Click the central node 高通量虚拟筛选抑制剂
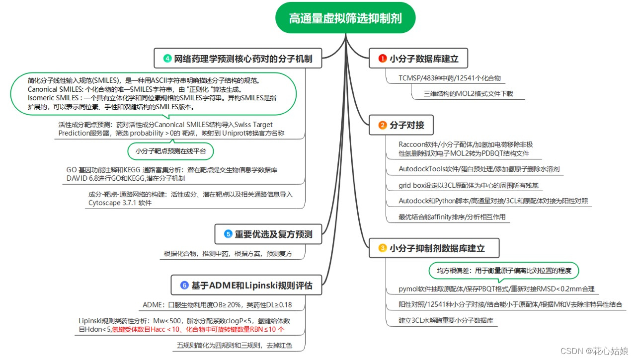point(345,18)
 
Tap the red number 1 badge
point(382,59)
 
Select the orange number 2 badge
point(382,125)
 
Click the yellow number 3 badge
point(382,248)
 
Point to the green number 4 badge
point(167,59)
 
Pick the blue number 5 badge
point(228,234)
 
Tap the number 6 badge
point(184,285)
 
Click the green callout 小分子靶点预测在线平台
point(170,150)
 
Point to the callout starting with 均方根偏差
point(504,271)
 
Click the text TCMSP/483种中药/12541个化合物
point(450,78)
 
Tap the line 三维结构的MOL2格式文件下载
point(468,93)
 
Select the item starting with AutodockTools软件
point(473,169)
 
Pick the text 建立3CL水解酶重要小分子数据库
point(446,320)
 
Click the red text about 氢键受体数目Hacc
point(198,329)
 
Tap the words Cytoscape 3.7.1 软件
point(120,203)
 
